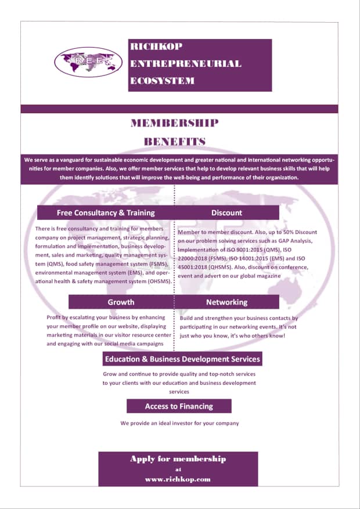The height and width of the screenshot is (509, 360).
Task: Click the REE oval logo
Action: click(88, 62)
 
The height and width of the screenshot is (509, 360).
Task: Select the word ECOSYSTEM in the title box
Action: click(163, 81)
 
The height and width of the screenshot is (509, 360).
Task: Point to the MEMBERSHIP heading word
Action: click(175, 123)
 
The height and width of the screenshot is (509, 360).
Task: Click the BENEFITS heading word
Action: click(175, 141)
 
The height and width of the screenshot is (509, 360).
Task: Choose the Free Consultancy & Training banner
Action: click(106, 212)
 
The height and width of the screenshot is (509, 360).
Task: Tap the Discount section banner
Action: click(226, 212)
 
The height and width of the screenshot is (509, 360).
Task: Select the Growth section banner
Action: click(121, 302)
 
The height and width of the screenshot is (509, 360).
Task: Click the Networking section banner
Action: click(226, 302)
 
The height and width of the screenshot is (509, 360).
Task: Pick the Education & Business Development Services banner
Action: click(182, 359)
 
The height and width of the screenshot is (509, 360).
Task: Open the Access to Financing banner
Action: click(179, 406)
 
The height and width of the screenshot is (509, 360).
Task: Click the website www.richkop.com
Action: click(178, 480)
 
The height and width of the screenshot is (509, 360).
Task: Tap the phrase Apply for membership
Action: click(178, 459)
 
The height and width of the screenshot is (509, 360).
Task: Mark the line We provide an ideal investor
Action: click(179, 423)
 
